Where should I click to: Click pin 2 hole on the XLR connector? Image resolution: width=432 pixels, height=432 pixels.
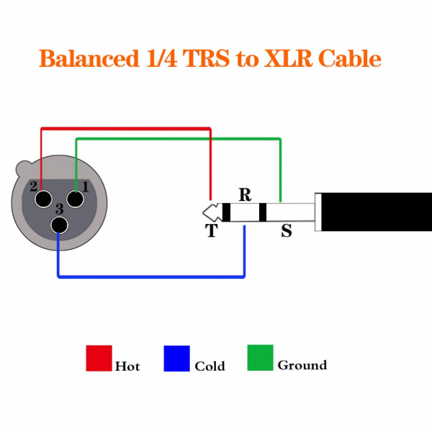43,198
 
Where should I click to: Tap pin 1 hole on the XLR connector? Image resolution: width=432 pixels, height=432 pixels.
76,198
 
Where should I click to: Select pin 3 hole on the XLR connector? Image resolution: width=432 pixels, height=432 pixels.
60,225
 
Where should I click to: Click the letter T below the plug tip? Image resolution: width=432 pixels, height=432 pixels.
211,230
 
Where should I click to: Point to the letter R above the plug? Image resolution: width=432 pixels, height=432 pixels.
245,194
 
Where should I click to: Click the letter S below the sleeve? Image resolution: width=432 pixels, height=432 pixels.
287,232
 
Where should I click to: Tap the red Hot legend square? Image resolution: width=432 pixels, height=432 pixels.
99,358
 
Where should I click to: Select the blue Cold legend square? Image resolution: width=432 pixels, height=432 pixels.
177,358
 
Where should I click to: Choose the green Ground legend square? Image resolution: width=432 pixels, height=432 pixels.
260,358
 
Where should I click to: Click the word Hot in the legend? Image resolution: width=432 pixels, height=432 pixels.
127,366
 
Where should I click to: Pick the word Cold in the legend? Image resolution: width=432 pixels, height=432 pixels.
210,366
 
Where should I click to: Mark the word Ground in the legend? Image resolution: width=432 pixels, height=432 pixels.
302,365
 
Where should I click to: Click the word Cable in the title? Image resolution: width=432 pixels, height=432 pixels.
351,58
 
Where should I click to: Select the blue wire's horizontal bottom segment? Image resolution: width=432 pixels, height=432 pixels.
151,276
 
